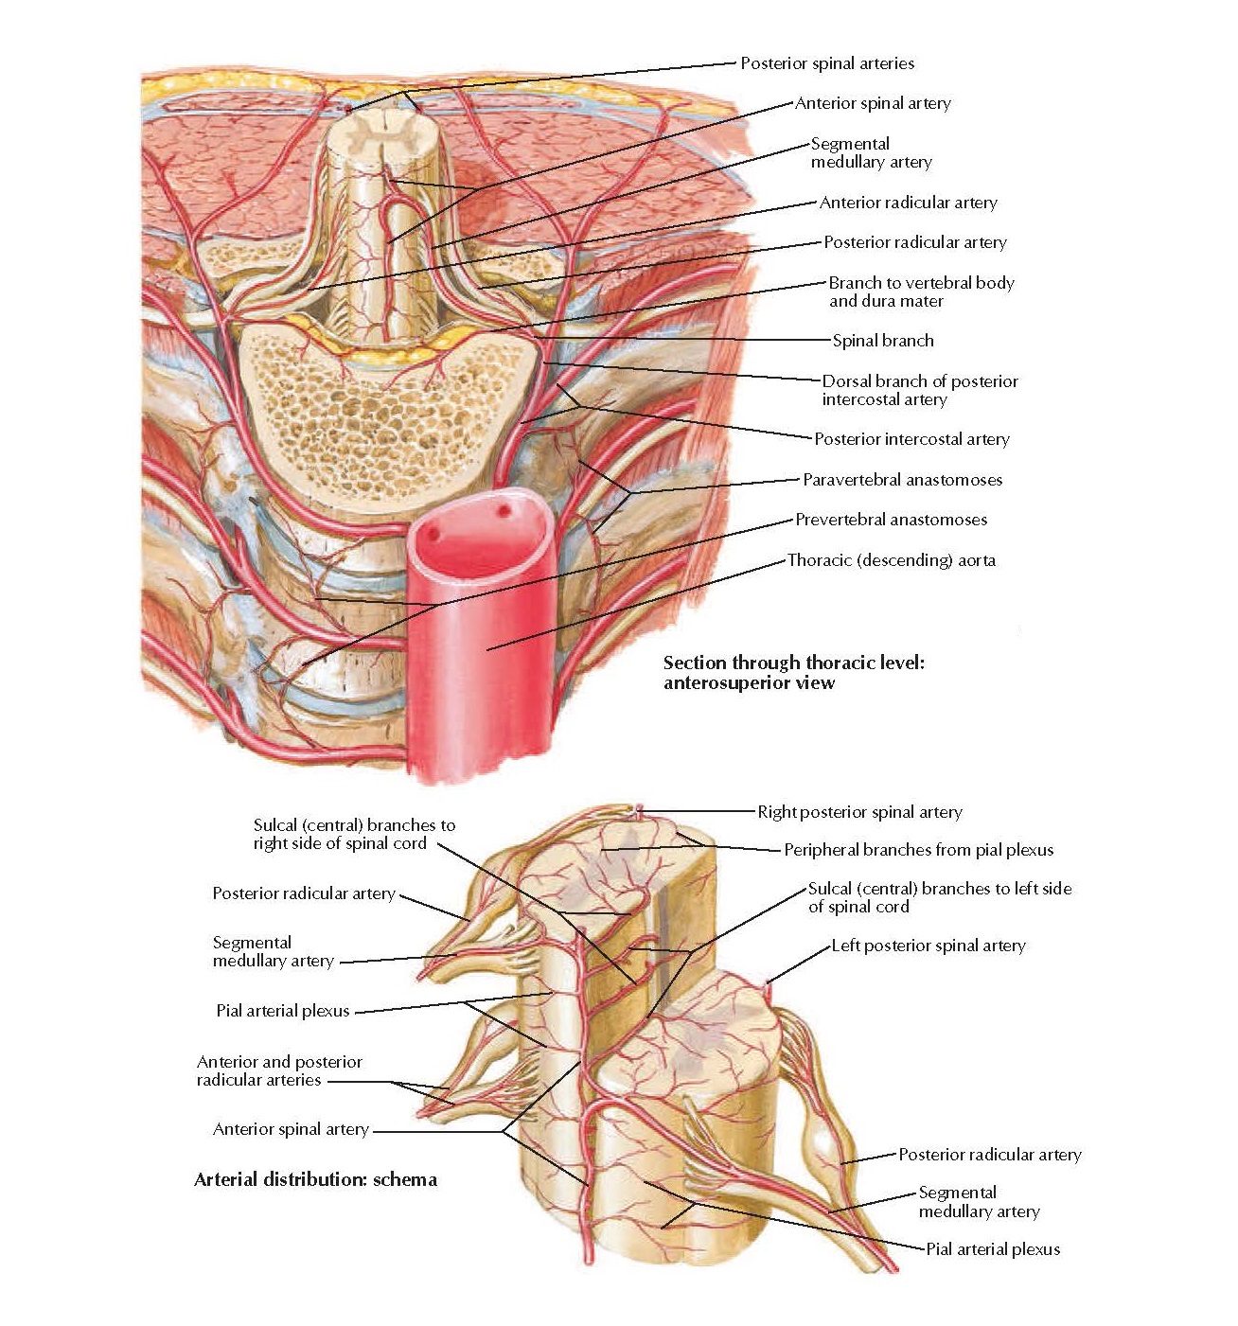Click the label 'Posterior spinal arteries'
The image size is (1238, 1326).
click(x=826, y=63)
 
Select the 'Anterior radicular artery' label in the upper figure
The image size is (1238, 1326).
click(x=908, y=203)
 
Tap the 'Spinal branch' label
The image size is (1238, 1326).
click(x=882, y=341)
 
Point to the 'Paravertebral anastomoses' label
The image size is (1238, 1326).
click(x=902, y=480)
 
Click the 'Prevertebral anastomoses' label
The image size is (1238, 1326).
click(x=891, y=520)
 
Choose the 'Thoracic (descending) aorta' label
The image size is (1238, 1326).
click(x=891, y=560)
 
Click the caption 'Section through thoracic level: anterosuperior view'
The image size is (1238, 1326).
click(x=793, y=673)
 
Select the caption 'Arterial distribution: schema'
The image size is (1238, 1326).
click(x=315, y=1179)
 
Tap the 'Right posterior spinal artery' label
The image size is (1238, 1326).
click(x=859, y=812)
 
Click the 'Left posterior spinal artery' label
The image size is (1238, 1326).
click(x=928, y=946)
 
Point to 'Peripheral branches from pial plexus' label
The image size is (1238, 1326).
click(x=918, y=850)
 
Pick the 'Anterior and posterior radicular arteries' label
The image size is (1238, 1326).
click(x=279, y=1070)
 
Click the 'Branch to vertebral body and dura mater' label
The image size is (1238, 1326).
click(x=920, y=292)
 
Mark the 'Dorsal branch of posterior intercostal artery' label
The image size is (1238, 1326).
click(x=919, y=390)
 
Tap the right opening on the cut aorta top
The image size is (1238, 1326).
click(x=504, y=511)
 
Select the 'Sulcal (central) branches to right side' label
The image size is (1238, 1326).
click(x=353, y=834)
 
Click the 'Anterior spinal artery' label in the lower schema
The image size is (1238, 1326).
click(x=291, y=1129)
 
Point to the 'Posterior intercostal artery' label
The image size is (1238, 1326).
click(x=911, y=439)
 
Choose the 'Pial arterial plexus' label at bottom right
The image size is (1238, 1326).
click(x=992, y=1249)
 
